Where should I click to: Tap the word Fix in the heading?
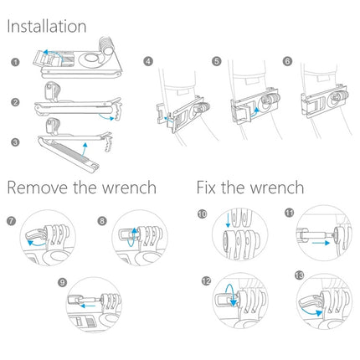[210, 187]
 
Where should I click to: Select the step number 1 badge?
[14, 62]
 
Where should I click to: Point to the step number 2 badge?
[14, 102]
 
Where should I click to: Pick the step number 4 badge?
[147, 61]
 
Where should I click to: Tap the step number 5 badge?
[215, 61]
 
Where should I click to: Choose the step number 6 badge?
[287, 61]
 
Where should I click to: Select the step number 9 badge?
[62, 282]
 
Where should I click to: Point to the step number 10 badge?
[203, 214]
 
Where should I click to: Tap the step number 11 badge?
[291, 214]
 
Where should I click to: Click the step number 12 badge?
[204, 280]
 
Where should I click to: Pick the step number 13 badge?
[300, 275]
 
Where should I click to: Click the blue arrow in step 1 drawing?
[53, 52]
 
